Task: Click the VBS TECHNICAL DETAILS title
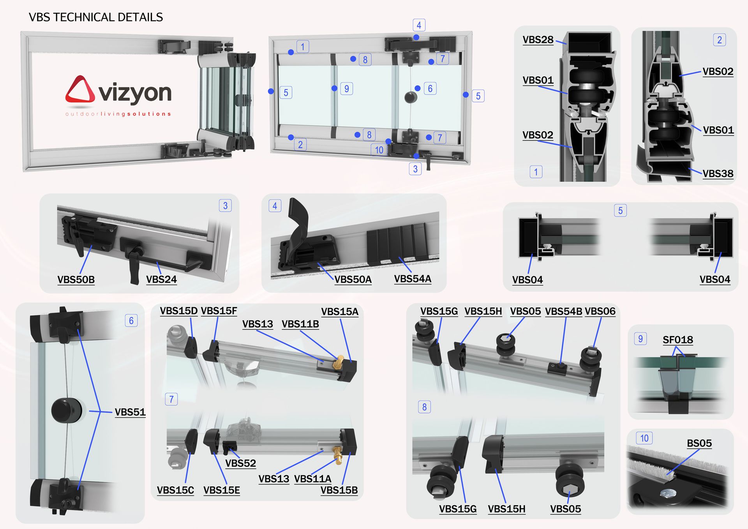click(x=96, y=17)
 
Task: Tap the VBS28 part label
click(x=538, y=40)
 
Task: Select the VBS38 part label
click(x=718, y=173)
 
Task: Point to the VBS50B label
click(x=76, y=280)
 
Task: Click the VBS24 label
click(x=161, y=279)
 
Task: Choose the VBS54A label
click(x=413, y=279)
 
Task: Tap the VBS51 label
click(x=130, y=412)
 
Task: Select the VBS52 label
click(x=240, y=463)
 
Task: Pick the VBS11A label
click(x=312, y=479)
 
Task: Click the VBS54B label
click(x=563, y=311)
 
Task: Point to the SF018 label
click(x=678, y=340)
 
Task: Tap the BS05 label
click(x=699, y=443)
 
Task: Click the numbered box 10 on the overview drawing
click(x=379, y=150)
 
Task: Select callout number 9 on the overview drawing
click(x=347, y=88)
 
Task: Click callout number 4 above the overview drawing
click(x=419, y=25)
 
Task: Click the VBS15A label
click(x=340, y=312)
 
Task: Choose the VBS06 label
click(x=600, y=311)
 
